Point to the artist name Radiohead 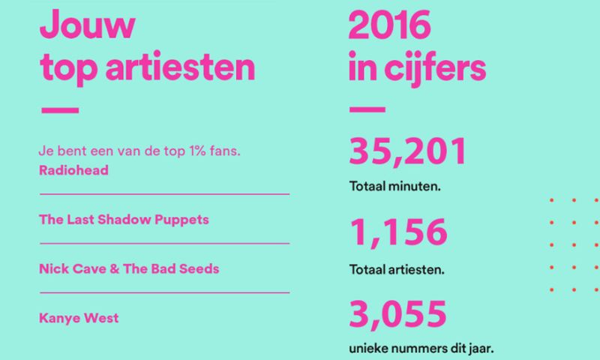click(x=73, y=170)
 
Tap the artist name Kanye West click(x=79, y=318)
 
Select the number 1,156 click(x=397, y=234)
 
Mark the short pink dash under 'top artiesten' click(x=58, y=111)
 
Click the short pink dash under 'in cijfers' click(x=367, y=111)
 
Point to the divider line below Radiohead click(x=163, y=193)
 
